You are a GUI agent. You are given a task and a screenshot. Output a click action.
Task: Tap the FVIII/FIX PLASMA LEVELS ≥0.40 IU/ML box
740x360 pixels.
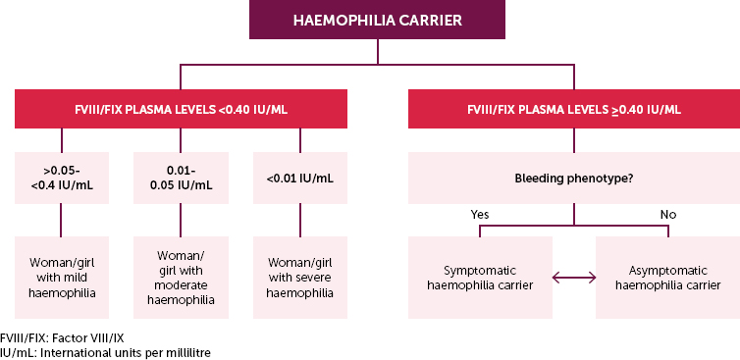click(573, 109)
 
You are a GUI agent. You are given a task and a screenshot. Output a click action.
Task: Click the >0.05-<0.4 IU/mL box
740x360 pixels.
click(61, 179)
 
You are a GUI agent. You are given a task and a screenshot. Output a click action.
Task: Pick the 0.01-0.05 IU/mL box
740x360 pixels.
click(180, 179)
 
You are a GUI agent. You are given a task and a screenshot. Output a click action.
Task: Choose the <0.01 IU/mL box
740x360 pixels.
click(298, 179)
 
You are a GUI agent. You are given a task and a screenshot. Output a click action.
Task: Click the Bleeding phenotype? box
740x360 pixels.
click(573, 179)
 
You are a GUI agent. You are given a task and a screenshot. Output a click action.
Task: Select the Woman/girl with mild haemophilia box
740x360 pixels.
click(61, 277)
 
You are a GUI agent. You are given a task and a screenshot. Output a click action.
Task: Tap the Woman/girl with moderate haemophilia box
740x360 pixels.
click(180, 277)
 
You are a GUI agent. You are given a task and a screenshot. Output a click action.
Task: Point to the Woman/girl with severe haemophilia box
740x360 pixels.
click(298, 277)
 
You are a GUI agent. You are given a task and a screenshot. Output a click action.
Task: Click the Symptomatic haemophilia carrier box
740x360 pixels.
click(479, 277)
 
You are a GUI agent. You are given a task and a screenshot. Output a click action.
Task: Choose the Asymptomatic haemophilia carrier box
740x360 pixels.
click(667, 277)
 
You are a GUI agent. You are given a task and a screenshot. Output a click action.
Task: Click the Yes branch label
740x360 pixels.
click(480, 212)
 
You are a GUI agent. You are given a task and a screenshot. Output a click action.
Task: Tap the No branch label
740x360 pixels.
click(668, 212)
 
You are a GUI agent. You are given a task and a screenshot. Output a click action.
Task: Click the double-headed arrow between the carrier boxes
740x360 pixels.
click(573, 280)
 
